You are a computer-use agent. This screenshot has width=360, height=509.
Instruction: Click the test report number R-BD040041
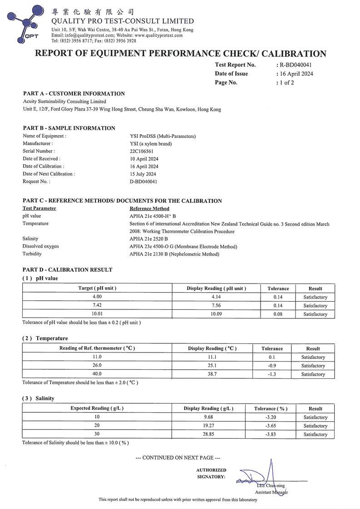point(296,65)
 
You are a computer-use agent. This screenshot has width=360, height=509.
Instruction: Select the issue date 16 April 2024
point(296,73)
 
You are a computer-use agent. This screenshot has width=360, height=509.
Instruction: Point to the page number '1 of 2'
point(286,83)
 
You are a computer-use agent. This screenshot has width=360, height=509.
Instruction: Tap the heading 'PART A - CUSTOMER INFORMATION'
point(74,93)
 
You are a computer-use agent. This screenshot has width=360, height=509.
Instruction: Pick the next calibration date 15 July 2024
point(143,174)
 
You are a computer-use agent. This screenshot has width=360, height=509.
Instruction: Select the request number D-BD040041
point(143,181)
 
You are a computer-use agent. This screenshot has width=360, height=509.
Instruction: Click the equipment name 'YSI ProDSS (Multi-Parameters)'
point(163,136)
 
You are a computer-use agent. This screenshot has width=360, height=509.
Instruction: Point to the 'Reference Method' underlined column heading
point(149,208)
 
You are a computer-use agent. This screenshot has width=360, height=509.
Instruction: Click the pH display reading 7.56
point(216,305)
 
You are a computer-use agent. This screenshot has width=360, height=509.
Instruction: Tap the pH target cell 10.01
point(97,314)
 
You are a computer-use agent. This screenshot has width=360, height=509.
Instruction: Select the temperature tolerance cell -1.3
point(272,374)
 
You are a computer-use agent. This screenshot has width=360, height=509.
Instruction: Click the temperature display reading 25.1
point(212,366)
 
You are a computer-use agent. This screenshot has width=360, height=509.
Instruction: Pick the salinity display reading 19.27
point(208,426)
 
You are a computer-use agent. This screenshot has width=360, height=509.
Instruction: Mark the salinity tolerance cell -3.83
point(271,435)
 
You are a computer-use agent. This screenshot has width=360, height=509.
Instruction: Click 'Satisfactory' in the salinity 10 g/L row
point(315,417)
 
